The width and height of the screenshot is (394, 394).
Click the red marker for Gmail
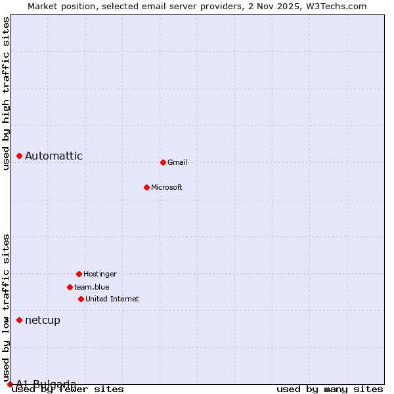[x=163, y=162]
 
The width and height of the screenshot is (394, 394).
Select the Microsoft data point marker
[x=146, y=187]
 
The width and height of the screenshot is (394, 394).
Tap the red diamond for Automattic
[x=20, y=156]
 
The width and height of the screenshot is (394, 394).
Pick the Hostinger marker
[x=79, y=274]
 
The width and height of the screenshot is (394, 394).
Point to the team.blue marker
[x=70, y=287]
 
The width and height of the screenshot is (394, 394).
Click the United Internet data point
[x=81, y=299]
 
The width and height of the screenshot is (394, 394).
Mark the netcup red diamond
[x=20, y=320]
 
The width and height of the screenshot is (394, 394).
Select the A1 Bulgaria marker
[x=10, y=384]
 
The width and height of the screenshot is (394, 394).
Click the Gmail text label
[x=177, y=162]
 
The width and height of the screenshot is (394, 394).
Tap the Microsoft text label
[x=167, y=187]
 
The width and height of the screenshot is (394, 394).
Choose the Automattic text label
[x=54, y=156]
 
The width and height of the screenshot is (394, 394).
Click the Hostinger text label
[x=100, y=274]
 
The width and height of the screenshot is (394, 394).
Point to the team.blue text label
[x=92, y=287]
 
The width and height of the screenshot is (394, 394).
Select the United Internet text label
[x=112, y=299]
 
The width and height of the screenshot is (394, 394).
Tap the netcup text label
[x=43, y=320]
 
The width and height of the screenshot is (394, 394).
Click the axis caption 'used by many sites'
[x=330, y=389]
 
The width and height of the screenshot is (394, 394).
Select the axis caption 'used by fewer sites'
[x=68, y=389]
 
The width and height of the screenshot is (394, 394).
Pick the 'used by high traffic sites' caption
[x=7, y=93]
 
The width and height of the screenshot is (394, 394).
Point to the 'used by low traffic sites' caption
[x=7, y=307]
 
